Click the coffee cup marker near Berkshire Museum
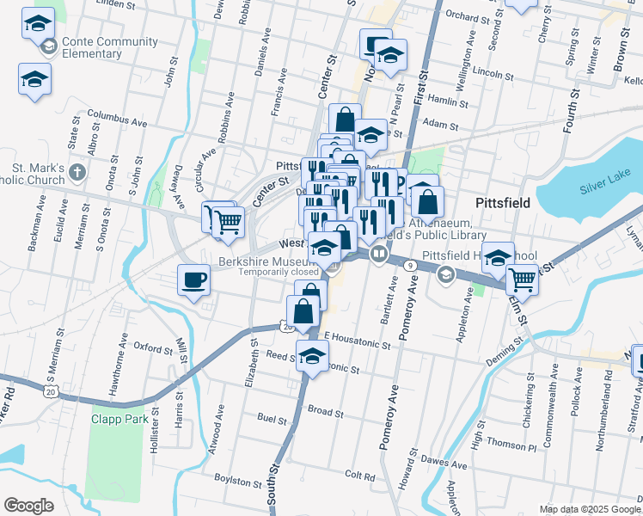(193, 279)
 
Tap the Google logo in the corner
(28, 506)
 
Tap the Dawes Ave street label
(446, 465)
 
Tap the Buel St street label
(272, 419)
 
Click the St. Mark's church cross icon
(77, 171)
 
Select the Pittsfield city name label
(507, 202)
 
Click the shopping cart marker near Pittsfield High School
(522, 279)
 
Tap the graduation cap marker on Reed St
(313, 353)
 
